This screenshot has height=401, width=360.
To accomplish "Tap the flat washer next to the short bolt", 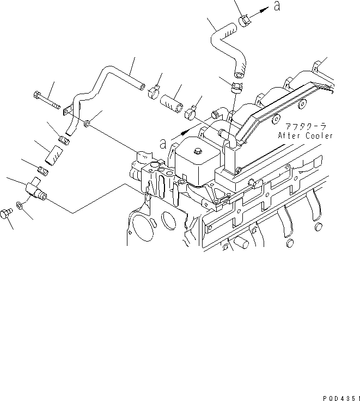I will (x=20, y=205).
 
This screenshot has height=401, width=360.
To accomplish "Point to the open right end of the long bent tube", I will (x=142, y=85).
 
